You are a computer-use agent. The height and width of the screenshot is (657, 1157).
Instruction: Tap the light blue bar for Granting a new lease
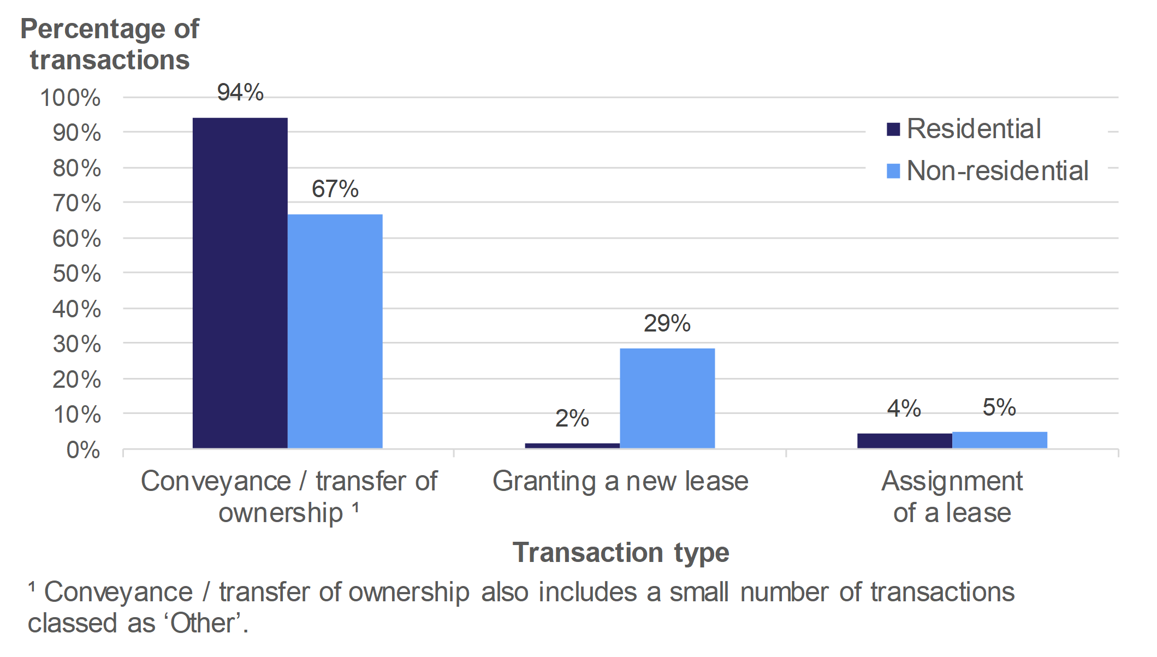(x=667, y=398)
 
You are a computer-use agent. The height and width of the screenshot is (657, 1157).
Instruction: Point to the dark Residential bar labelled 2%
(x=572, y=446)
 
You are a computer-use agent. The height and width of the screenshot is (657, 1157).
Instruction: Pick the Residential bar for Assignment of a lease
(x=904, y=441)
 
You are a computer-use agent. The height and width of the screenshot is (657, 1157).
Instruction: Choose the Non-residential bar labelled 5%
(x=999, y=440)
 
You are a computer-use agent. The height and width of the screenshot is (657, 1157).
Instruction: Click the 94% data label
(x=240, y=92)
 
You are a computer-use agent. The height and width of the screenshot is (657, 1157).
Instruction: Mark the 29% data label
(x=667, y=323)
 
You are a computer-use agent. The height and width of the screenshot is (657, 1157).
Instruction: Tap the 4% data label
(x=904, y=409)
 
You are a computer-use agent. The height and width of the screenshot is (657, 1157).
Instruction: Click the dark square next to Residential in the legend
(x=893, y=129)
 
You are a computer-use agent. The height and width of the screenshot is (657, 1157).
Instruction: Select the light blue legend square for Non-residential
(x=893, y=171)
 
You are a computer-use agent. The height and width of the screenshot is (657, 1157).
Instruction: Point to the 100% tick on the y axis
(x=70, y=98)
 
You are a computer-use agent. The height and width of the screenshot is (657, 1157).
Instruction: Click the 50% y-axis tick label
(x=76, y=274)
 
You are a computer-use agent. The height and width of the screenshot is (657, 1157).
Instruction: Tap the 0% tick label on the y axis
(x=83, y=450)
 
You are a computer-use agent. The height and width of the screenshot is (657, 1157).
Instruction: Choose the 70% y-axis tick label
(x=76, y=204)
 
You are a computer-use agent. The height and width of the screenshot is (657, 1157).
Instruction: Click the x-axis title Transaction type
(x=620, y=552)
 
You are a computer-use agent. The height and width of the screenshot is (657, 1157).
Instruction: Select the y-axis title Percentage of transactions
(x=110, y=44)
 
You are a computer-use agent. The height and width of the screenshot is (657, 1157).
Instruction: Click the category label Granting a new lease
(x=620, y=481)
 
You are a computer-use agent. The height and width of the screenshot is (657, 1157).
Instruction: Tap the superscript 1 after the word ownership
(x=355, y=507)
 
